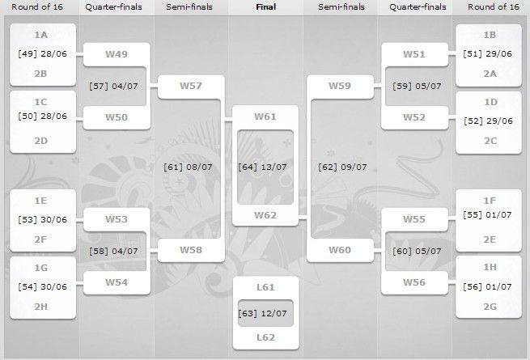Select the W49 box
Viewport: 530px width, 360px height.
(117, 53)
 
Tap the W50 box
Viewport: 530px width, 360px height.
(117, 116)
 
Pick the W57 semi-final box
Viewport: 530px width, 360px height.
(191, 85)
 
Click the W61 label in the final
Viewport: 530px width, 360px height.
(265, 116)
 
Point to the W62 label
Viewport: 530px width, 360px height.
(265, 215)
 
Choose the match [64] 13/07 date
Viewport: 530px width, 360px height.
(265, 167)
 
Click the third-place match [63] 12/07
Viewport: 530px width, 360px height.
(265, 313)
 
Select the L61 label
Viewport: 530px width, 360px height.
(265, 288)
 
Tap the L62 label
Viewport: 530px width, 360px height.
(265, 337)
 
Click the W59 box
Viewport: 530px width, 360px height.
(339, 85)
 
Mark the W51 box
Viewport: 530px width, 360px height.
(414, 53)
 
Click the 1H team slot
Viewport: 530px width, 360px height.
(489, 268)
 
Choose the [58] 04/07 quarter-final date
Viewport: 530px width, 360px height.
(117, 250)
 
